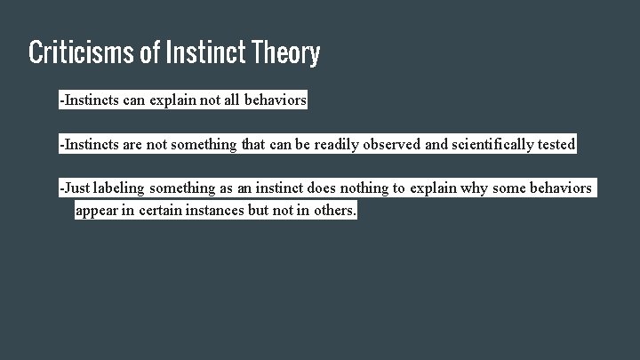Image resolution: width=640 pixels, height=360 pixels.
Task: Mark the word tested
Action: pyautogui.click(x=556, y=144)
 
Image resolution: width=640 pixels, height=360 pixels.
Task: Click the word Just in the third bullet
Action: pyautogui.click(x=76, y=188)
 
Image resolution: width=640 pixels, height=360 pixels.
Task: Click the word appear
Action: pyautogui.click(x=98, y=212)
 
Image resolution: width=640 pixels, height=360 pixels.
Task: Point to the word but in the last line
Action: pyautogui.click(x=270, y=212)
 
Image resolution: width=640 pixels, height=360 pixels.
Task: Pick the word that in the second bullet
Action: pyautogui.click(x=253, y=144)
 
